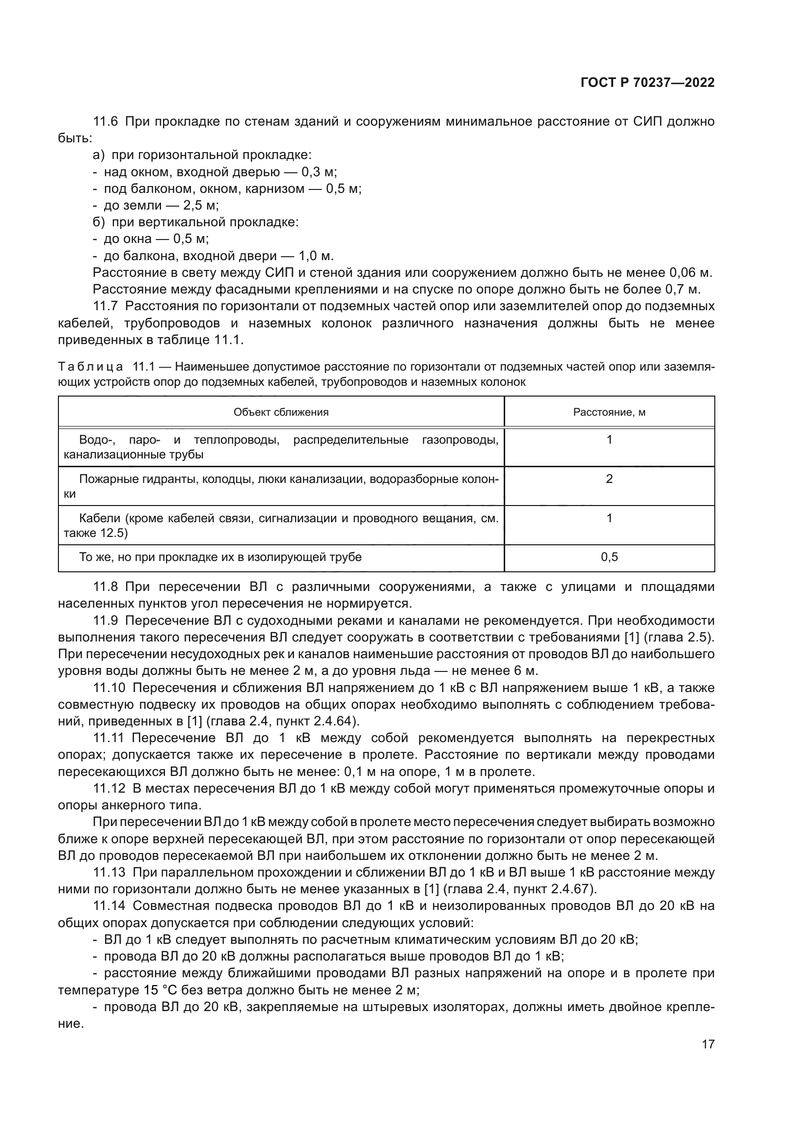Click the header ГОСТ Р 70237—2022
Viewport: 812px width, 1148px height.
(648, 83)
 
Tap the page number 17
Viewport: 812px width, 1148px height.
(708, 1044)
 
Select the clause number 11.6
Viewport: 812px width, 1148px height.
(105, 122)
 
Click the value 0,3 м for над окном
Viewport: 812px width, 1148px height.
(319, 172)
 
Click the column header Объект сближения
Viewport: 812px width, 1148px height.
(281, 412)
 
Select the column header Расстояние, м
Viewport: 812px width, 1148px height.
(609, 412)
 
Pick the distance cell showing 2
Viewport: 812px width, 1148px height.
(609, 479)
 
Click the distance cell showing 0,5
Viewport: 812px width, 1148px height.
(609, 557)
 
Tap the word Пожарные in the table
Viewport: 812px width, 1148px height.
(103, 479)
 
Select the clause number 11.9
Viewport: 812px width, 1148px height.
(105, 620)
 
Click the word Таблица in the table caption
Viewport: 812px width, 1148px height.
(90, 367)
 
